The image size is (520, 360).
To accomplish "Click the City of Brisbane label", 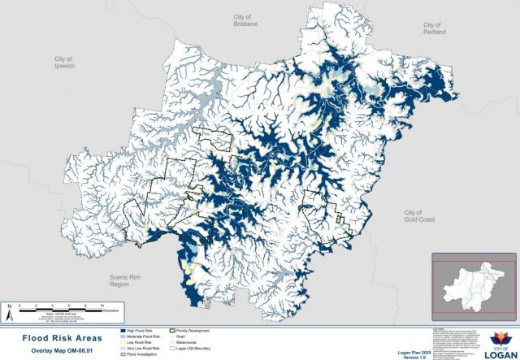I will tap(245, 21).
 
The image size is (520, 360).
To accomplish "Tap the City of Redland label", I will tap(431, 29).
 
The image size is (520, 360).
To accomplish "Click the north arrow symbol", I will tap(9, 310).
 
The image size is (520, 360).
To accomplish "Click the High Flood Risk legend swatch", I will tap(123, 332).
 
